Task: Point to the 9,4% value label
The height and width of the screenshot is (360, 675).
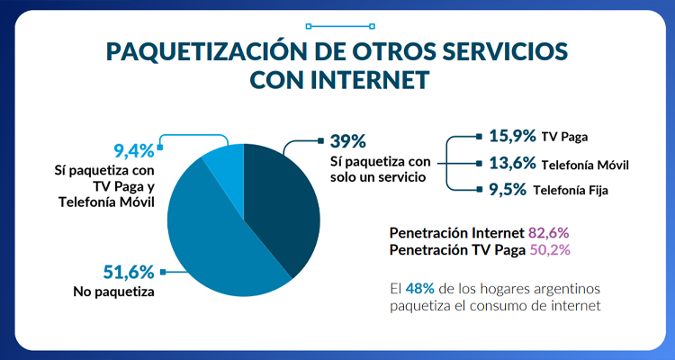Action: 134,150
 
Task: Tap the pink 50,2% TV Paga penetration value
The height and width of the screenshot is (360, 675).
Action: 548,249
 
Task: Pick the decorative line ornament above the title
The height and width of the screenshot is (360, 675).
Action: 337,26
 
